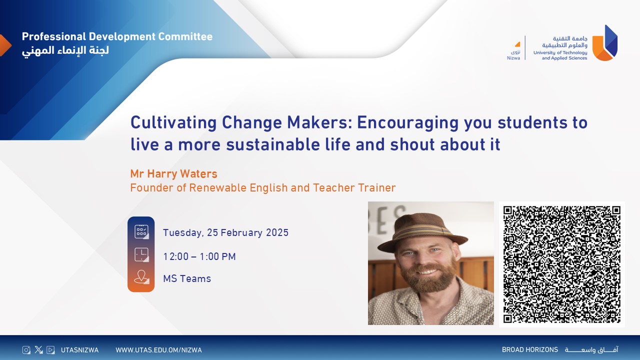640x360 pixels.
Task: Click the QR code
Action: point(561,264)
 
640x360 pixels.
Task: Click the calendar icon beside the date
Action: point(141,231)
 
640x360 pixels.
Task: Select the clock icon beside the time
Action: point(141,254)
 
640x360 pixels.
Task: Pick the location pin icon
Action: point(141,277)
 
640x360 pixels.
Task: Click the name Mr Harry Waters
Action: point(173,173)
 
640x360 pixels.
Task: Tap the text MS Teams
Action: point(187,278)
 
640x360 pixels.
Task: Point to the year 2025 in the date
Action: point(277,232)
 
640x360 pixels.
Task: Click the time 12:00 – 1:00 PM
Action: point(199,256)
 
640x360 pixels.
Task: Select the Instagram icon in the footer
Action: point(26,349)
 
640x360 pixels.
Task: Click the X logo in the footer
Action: point(38,349)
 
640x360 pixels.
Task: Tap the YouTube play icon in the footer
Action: point(50,349)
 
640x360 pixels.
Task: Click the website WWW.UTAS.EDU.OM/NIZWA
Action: point(158,350)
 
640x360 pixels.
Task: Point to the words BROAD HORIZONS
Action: point(530,349)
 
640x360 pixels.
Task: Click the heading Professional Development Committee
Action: point(117,36)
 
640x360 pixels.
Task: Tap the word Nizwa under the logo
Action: point(513,58)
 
